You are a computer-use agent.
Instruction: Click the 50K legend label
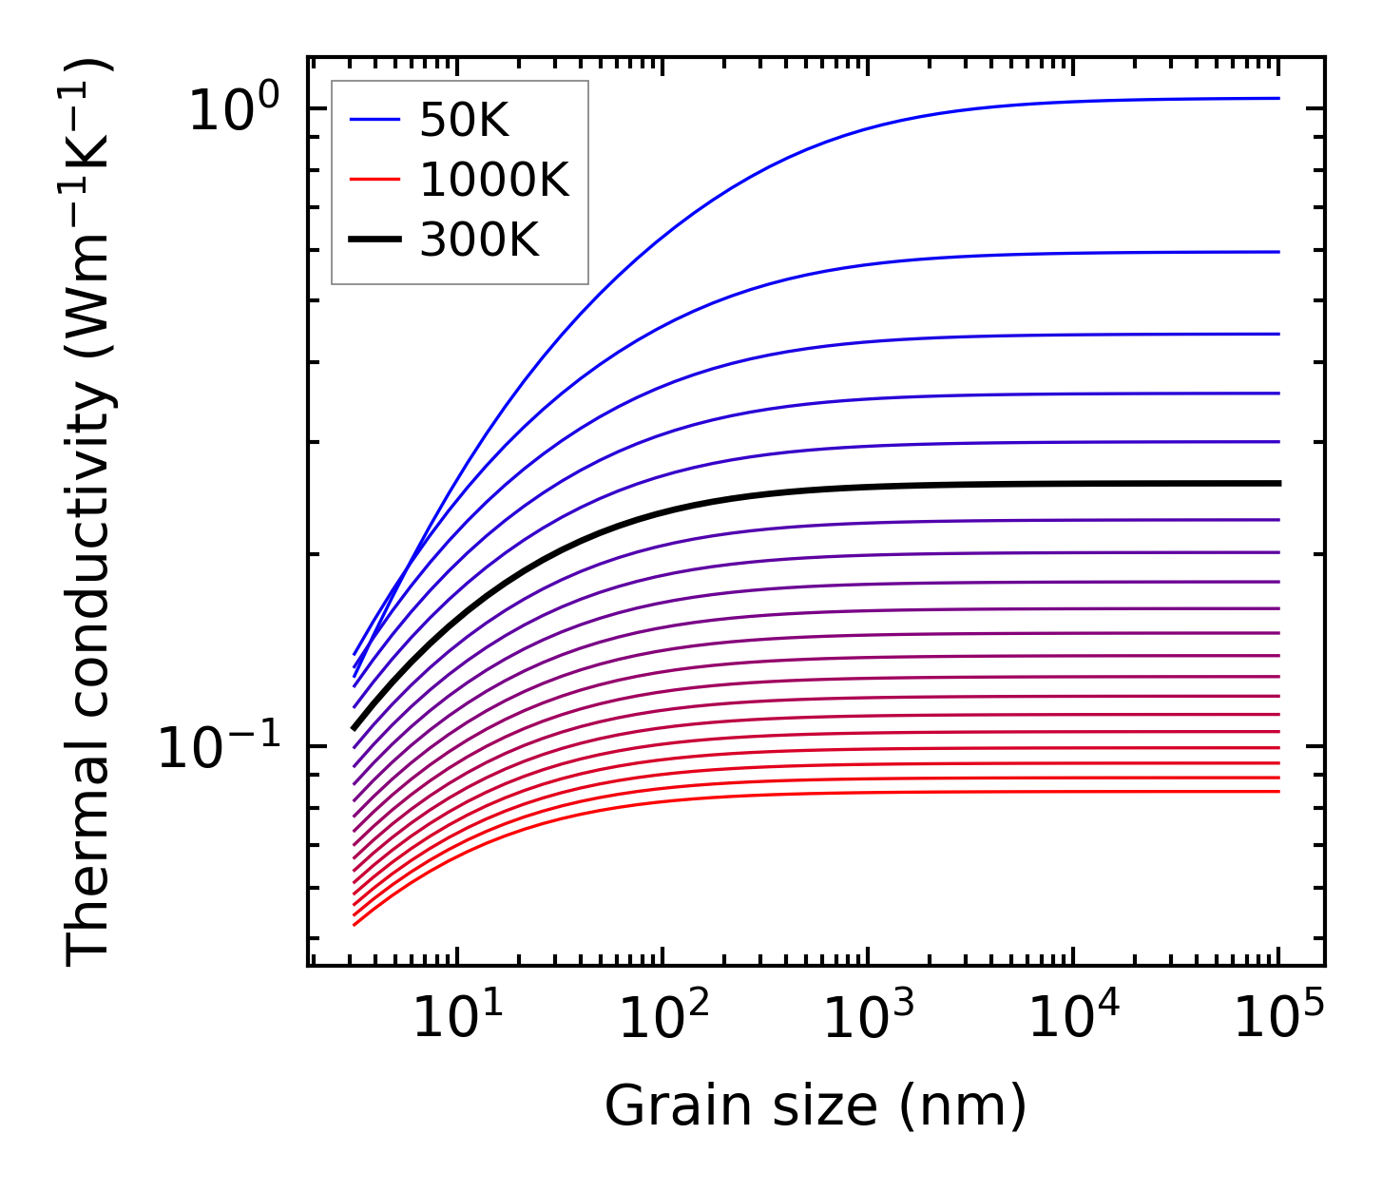[464, 120]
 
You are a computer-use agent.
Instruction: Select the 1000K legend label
[493, 180]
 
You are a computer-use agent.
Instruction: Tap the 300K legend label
[478, 240]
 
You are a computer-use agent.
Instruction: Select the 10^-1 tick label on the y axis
[220, 747]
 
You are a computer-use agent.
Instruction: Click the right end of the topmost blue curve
[1277, 98]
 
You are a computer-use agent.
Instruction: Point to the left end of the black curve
[355, 728]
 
